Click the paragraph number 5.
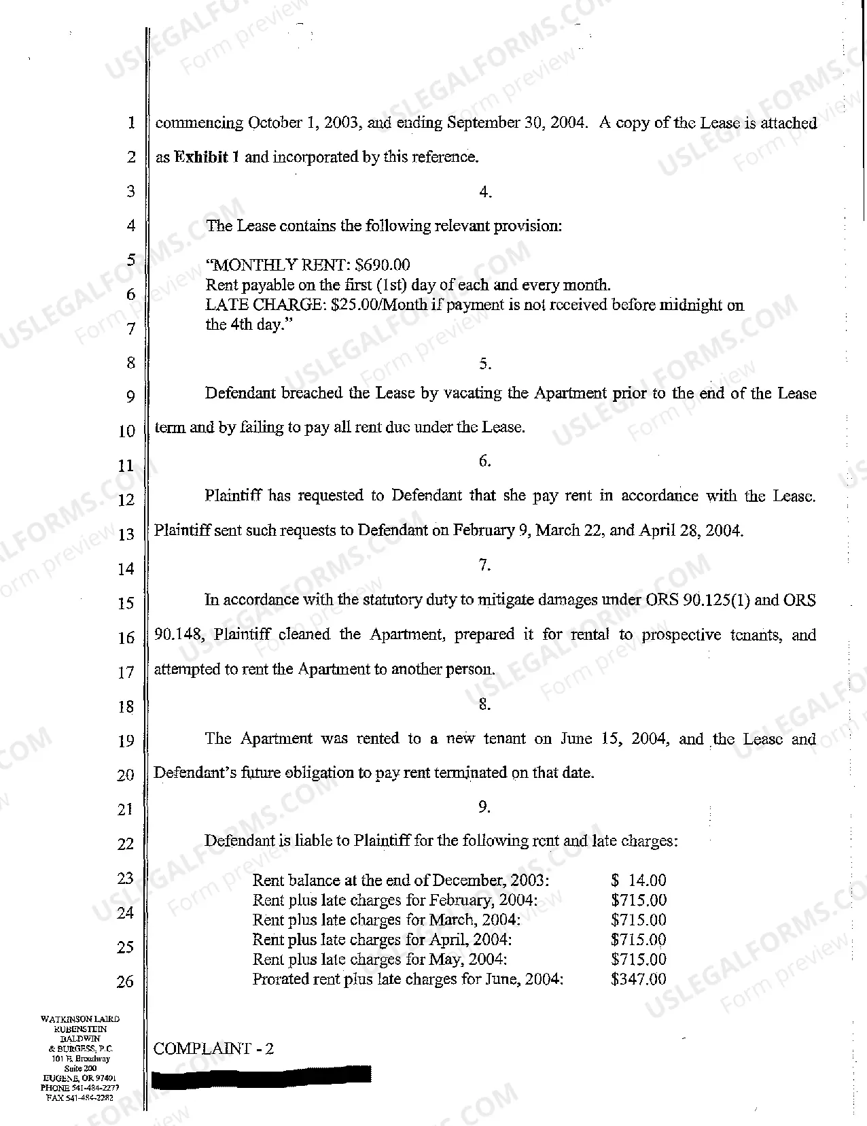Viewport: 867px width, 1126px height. point(484,364)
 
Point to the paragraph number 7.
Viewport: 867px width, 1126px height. point(484,565)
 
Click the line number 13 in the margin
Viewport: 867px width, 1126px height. point(126,534)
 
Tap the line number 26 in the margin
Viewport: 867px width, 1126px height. point(126,981)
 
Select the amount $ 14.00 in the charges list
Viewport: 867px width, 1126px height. point(639,881)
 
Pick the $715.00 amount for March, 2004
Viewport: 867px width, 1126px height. point(639,920)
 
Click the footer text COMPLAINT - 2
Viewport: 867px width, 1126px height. point(214,1048)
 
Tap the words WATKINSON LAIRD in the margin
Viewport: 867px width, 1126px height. point(80,1019)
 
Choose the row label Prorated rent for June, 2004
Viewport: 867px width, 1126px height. point(408,979)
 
